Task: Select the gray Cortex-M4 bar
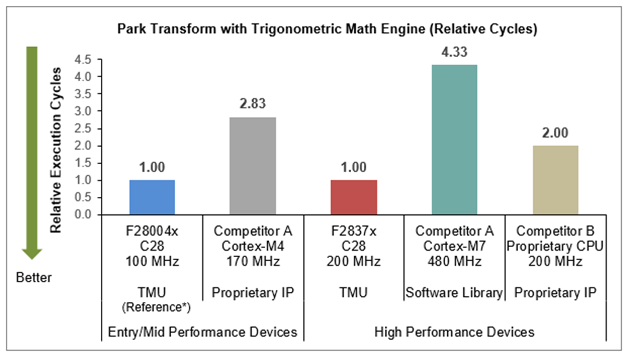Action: pos(253,166)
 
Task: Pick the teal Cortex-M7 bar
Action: pos(455,140)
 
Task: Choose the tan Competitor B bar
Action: pos(555,180)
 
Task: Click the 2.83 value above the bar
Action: pos(253,104)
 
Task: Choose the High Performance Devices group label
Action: pos(455,332)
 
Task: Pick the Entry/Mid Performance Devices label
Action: pos(203,332)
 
